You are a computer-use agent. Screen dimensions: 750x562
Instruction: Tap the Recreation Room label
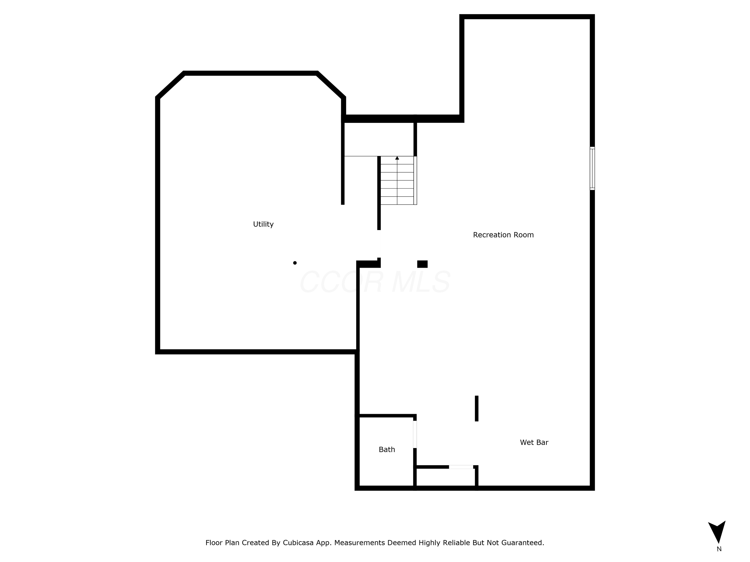point(503,235)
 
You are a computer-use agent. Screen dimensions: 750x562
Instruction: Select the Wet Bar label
point(534,442)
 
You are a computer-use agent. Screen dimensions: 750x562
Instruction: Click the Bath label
point(387,450)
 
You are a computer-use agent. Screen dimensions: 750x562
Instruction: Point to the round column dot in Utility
point(295,263)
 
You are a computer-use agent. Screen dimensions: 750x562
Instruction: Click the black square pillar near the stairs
point(422,264)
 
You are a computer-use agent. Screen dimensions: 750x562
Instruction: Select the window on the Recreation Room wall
point(592,168)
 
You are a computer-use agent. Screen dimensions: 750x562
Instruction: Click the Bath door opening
point(415,434)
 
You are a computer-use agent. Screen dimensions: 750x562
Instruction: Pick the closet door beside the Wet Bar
point(461,467)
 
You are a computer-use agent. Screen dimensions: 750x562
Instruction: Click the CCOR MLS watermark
point(375,282)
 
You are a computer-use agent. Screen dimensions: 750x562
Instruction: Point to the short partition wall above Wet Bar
point(476,409)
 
